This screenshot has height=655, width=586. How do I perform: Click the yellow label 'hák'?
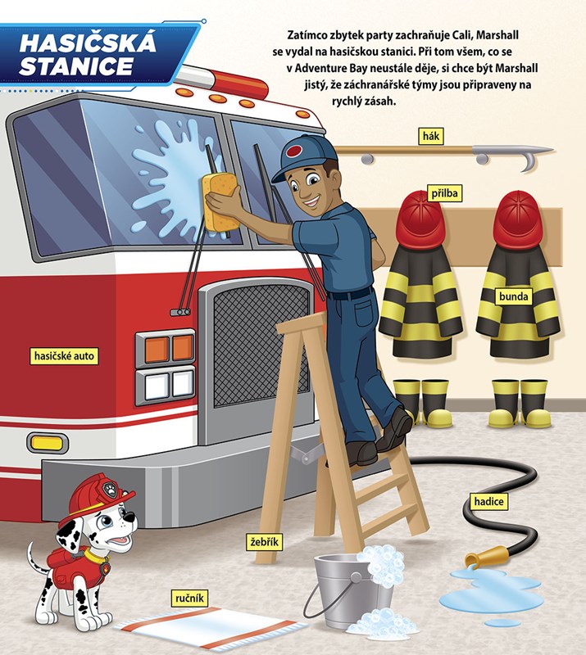point(431,136)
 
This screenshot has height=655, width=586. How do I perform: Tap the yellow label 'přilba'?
point(445,193)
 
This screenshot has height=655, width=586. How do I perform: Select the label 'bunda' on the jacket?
point(513,296)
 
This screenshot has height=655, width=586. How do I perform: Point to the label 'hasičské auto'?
point(64,356)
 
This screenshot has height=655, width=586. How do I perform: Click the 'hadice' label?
point(488,501)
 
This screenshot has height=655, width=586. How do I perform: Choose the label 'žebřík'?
point(265,542)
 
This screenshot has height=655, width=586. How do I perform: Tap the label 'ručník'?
point(189,599)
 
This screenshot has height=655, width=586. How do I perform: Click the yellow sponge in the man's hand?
point(220,201)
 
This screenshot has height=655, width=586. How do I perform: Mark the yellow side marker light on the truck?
point(47,443)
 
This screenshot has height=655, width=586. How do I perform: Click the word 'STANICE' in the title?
point(76,67)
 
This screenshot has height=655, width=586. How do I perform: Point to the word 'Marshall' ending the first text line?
point(497,35)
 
